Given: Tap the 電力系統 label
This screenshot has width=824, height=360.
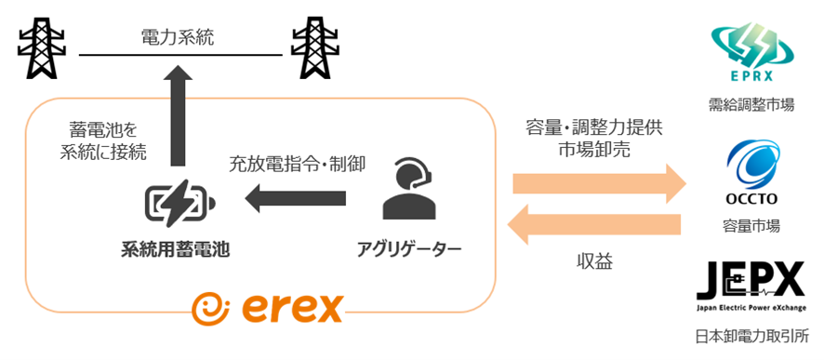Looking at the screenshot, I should (177, 38).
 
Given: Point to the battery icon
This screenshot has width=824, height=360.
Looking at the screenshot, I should (179, 200).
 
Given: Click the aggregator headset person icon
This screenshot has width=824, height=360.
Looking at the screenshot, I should (409, 193).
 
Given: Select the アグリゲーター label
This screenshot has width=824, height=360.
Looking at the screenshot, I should (409, 249).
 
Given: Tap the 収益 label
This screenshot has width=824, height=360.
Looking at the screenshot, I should (594, 262).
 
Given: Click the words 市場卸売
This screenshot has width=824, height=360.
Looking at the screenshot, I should (594, 149).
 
